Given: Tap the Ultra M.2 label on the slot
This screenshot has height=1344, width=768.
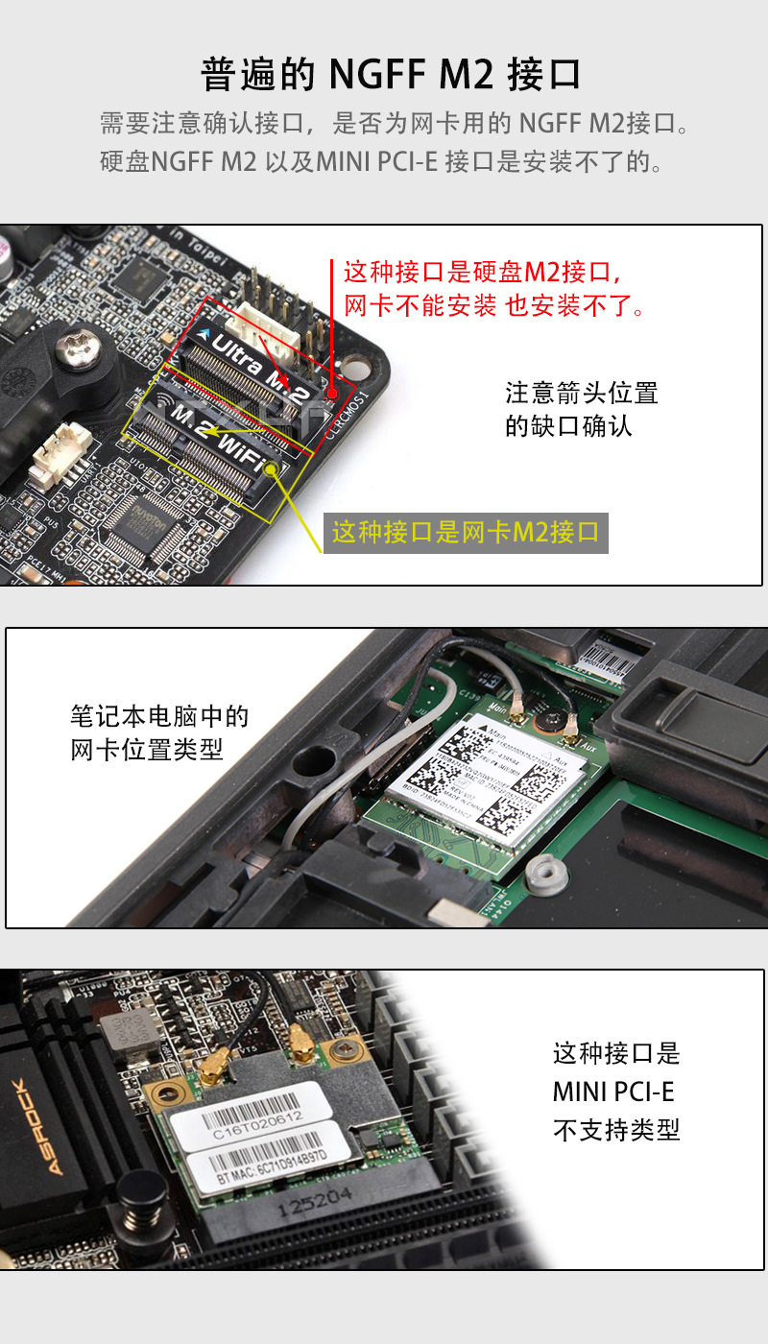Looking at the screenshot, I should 260,362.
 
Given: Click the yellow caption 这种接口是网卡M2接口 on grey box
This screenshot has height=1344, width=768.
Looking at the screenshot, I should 466,532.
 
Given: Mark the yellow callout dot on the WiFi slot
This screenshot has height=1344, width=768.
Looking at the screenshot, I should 273,468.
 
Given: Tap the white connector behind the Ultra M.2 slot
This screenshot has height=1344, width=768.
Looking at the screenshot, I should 270,322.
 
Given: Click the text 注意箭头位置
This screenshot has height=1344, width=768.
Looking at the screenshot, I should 581,393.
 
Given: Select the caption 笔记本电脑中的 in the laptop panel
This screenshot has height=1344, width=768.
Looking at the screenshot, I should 159,716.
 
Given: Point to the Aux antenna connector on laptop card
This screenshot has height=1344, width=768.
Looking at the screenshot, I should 570,739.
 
